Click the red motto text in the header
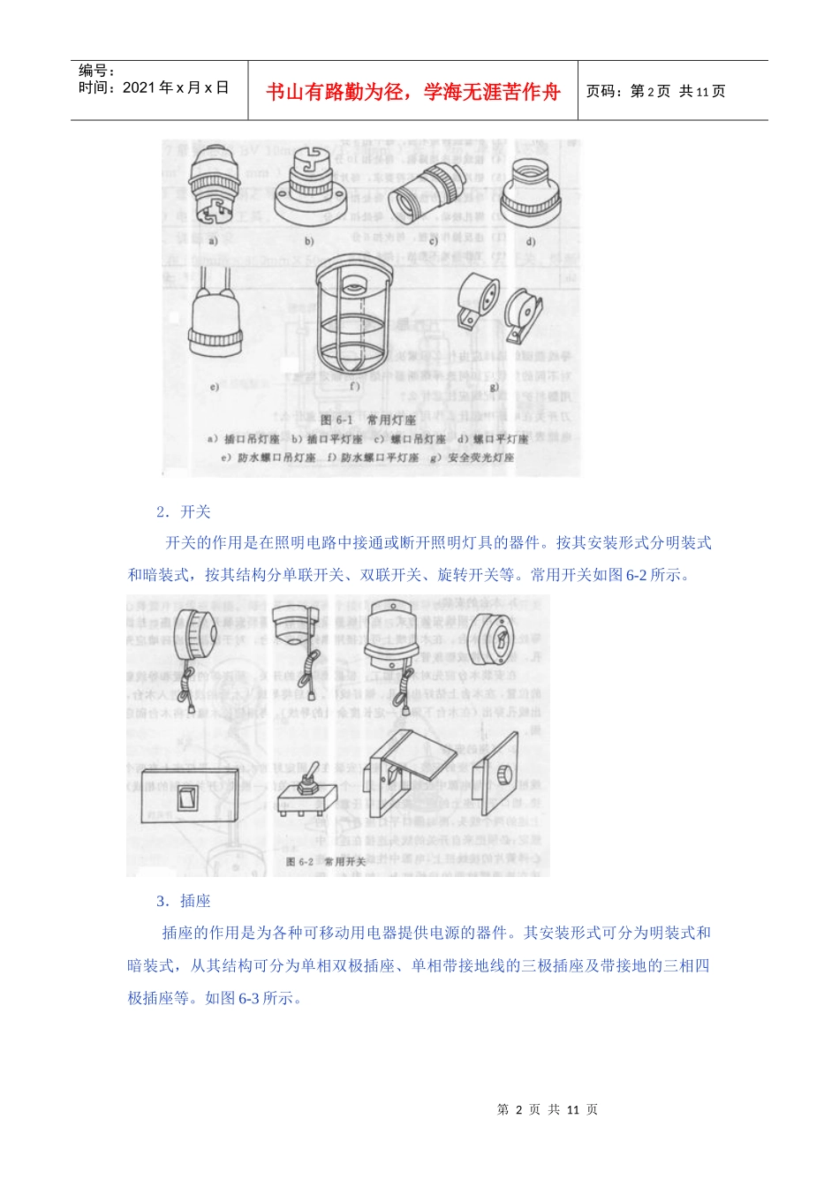tap(412, 92)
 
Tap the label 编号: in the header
tap(97, 71)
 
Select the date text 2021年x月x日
tap(176, 87)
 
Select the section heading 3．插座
tap(184, 901)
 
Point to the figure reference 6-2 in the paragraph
tap(636, 575)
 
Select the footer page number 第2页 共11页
tap(548, 1110)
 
